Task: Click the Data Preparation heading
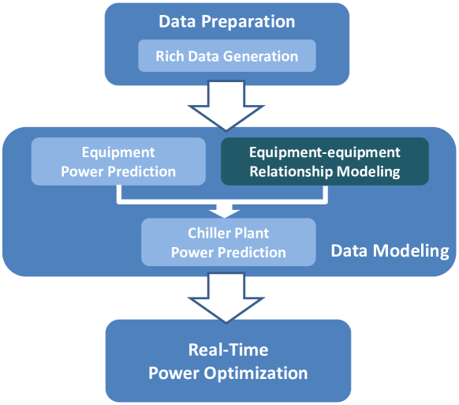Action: point(226,21)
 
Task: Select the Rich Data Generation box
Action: point(226,56)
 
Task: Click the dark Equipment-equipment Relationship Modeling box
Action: point(324,161)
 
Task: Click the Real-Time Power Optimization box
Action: point(226,361)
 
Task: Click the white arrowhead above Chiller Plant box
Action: point(226,210)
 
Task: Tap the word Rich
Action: point(170,56)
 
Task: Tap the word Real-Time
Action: point(226,350)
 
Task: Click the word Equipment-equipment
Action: point(324,152)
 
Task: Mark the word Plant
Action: point(251,234)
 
